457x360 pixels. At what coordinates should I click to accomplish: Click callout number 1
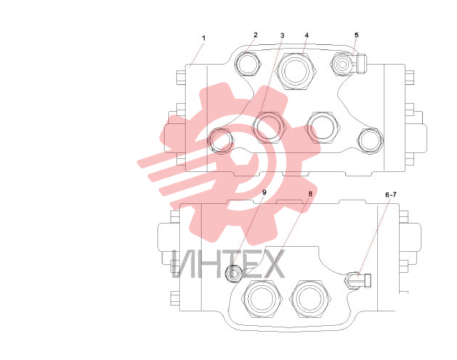[x=204, y=38]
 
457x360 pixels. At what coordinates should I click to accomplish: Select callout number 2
[x=255, y=35]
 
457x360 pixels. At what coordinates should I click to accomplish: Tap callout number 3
[x=282, y=36]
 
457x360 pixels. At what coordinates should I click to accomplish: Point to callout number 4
[x=307, y=36]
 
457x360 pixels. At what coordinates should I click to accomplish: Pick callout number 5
[x=356, y=36]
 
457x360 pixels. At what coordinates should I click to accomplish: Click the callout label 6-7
[x=391, y=195]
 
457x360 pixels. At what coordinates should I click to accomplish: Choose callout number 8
[x=310, y=194]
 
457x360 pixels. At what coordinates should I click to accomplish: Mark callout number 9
[x=264, y=192]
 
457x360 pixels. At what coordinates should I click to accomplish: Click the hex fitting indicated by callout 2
[x=248, y=64]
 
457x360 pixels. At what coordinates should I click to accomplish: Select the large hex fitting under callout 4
[x=296, y=71]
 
